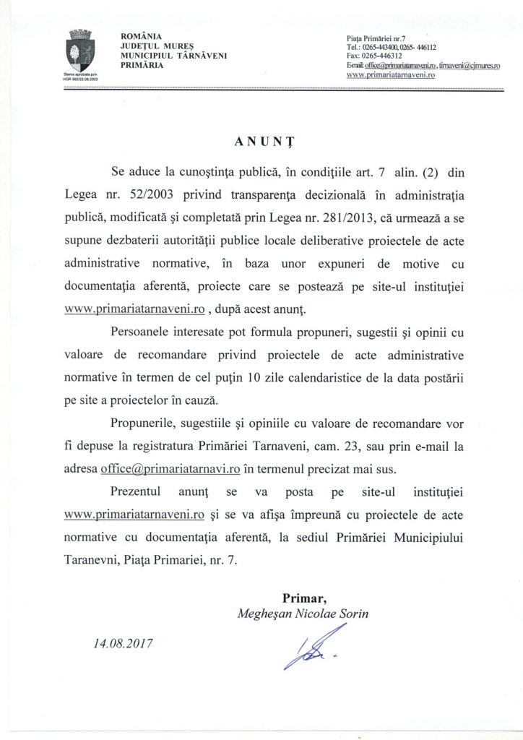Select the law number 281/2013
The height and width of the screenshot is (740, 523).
(x=376, y=218)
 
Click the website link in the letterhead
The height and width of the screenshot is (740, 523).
(x=390, y=74)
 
